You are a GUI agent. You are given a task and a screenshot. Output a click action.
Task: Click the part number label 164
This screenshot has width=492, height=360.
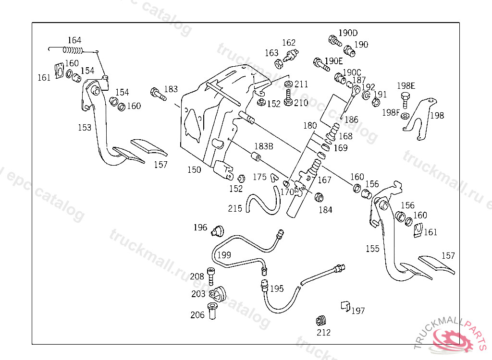pyautogui.click(x=74, y=40)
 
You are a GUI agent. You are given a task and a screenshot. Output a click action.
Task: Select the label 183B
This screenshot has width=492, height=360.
pyautogui.click(x=264, y=146)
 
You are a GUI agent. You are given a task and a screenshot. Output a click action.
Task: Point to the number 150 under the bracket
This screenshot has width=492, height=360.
pyautogui.click(x=194, y=169)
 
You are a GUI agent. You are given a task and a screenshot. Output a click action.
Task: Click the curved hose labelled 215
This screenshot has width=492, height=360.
pyautogui.click(x=262, y=204)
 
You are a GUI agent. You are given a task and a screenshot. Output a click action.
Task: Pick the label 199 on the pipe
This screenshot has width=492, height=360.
pyautogui.click(x=224, y=254)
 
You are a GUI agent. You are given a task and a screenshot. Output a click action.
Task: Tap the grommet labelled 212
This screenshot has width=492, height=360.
pyautogui.click(x=322, y=320)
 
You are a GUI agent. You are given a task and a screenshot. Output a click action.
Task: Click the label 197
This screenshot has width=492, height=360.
pyautogui.click(x=358, y=311)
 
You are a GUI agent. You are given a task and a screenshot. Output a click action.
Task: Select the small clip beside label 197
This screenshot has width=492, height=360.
pyautogui.click(x=344, y=305)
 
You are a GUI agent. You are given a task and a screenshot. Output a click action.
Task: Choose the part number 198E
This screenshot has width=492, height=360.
pyautogui.click(x=406, y=86)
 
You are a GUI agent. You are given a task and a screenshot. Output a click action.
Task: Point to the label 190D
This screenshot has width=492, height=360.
pyautogui.click(x=348, y=33)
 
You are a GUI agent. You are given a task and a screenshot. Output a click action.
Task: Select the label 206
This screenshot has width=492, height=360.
pyautogui.click(x=197, y=315)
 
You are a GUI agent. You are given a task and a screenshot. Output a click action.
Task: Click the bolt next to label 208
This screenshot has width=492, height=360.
pyautogui.click(x=211, y=275)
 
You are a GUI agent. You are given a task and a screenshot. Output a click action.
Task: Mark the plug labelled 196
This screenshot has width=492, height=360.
pyautogui.click(x=218, y=230)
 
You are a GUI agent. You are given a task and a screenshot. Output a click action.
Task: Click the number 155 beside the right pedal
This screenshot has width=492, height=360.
pyautogui.click(x=372, y=249)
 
